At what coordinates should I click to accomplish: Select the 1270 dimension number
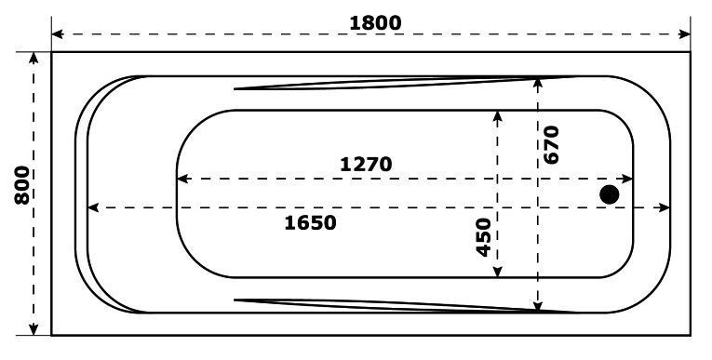365,164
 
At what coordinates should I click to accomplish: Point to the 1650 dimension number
310,222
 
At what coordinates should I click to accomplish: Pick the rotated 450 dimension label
482,236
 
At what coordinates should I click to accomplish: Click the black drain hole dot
610,194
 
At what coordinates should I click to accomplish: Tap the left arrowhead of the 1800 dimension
57,34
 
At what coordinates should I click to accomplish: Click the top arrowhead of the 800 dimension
35,58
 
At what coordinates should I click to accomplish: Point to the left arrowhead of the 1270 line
182,179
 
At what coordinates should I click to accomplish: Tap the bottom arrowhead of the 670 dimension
538,306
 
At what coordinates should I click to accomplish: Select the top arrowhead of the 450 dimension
498,115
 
